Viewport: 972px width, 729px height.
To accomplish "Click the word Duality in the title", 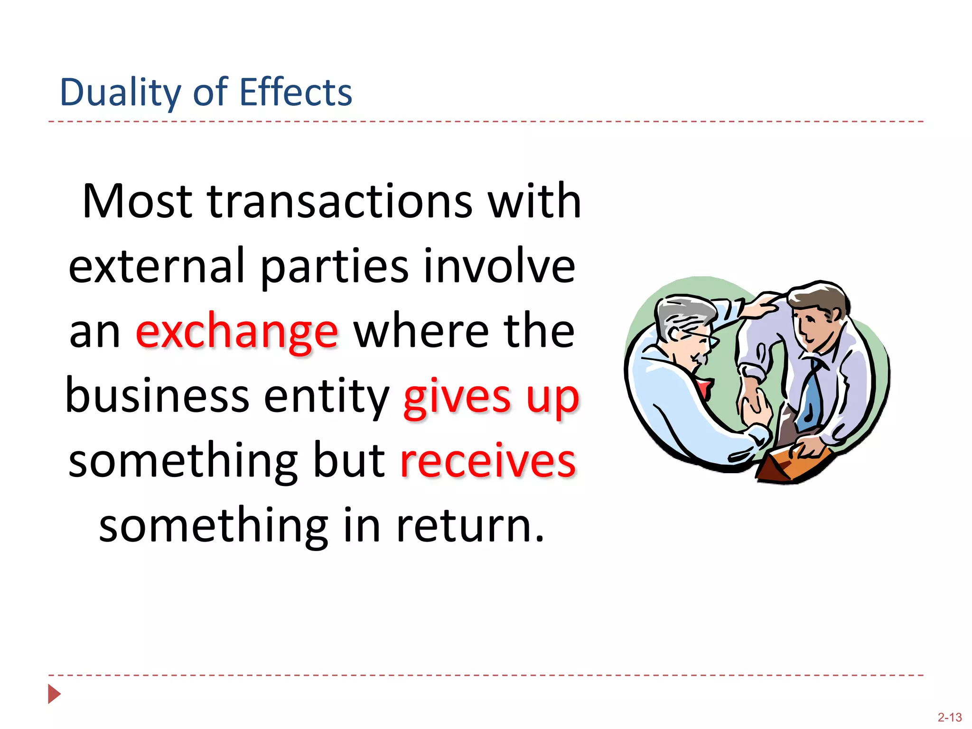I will click(x=120, y=92).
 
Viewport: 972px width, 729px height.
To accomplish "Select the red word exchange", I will click(x=237, y=332).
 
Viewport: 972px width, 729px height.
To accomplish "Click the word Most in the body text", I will click(x=137, y=201).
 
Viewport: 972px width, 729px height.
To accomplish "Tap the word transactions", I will click(x=340, y=201).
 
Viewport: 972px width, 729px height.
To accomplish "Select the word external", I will click(x=157, y=266).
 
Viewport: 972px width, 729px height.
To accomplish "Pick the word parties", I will click(x=335, y=266).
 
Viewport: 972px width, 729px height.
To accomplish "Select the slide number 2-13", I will click(x=949, y=717).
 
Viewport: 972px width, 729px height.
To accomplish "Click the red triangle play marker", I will click(x=54, y=694).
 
